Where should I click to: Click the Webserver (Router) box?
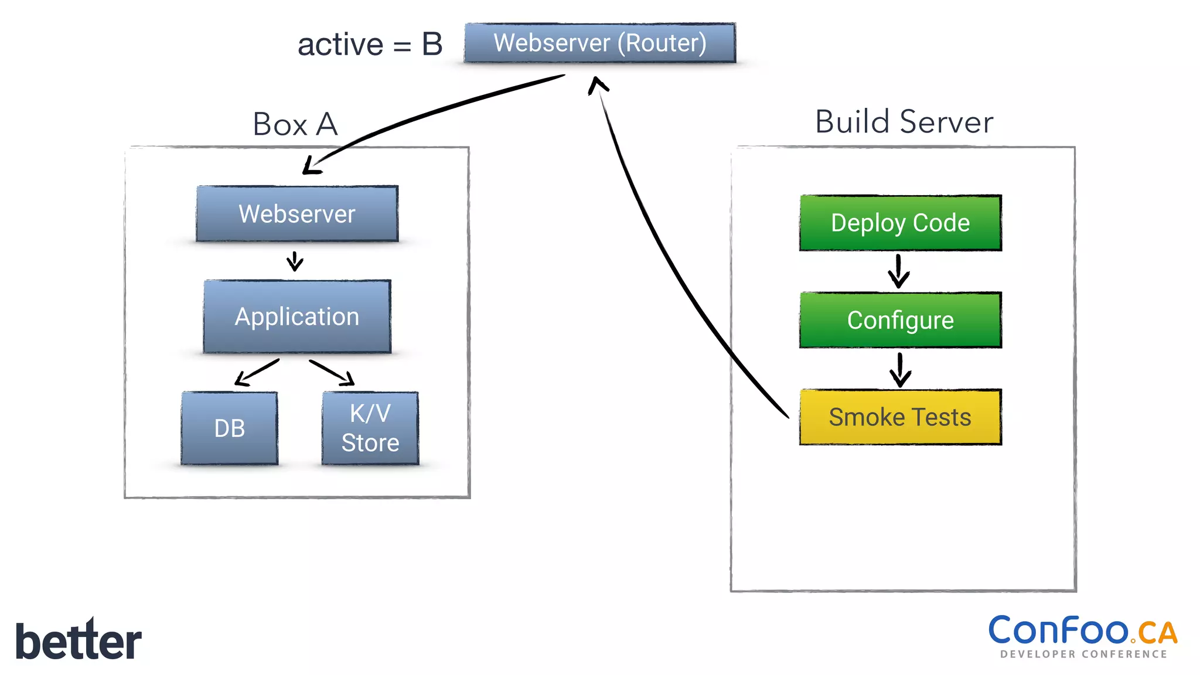(599, 43)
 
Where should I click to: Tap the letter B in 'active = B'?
(432, 45)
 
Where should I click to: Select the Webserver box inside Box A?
(297, 214)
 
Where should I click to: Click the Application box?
(297, 316)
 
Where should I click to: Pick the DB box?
(229, 428)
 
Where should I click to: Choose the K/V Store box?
(370, 428)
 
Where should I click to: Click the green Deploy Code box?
(900, 223)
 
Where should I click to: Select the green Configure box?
(900, 320)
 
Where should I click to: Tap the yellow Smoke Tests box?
(900, 417)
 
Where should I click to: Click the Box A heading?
(295, 124)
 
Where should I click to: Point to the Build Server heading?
(904, 122)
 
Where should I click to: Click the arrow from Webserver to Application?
(295, 261)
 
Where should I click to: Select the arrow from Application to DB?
(256, 373)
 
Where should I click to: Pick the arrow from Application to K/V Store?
(333, 373)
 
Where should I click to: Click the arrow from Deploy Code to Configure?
(899, 271)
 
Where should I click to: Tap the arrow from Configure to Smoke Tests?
(900, 370)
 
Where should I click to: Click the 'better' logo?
(78, 640)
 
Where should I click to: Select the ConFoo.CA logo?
(1083, 636)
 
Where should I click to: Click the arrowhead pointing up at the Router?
(597, 85)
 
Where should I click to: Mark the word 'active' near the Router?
(340, 45)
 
